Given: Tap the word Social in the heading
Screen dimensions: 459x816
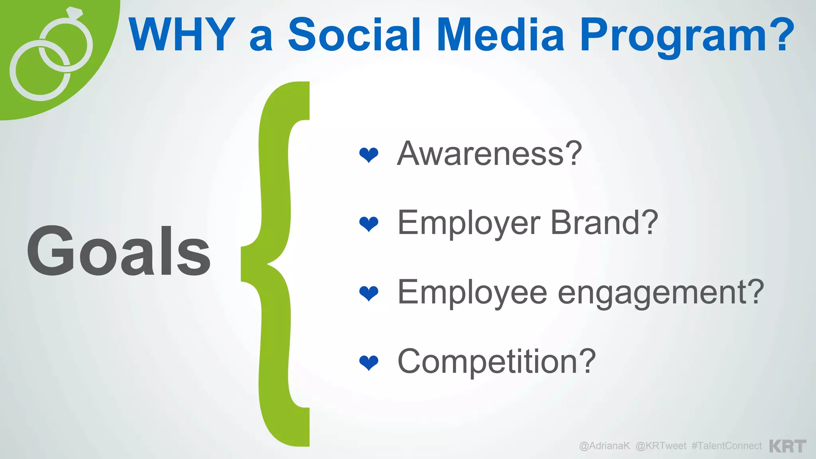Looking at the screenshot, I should pos(354,35).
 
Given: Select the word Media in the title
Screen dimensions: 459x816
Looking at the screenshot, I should pos(500,35).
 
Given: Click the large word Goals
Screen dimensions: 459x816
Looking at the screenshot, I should pos(119,251).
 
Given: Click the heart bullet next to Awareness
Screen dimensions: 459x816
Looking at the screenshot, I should pos(369,155).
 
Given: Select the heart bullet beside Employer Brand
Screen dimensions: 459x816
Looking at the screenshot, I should pos(369,224).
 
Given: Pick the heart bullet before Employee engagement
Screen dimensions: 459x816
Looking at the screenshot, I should pos(369,293).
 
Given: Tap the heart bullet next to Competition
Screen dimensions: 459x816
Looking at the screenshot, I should pos(369,362).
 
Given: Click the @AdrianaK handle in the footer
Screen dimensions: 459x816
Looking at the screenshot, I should pos(604,445).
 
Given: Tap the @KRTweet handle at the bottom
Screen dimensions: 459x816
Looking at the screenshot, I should pos(661,445).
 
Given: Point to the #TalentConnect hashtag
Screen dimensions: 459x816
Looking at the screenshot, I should pos(726,445).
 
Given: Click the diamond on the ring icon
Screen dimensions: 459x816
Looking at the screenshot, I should pos(75,13).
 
